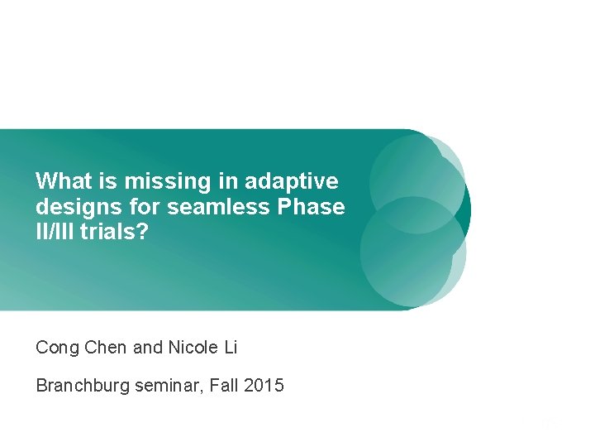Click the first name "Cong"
click(56, 348)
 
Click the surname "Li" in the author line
click(229, 348)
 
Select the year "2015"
click(264, 385)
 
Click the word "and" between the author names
click(147, 348)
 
